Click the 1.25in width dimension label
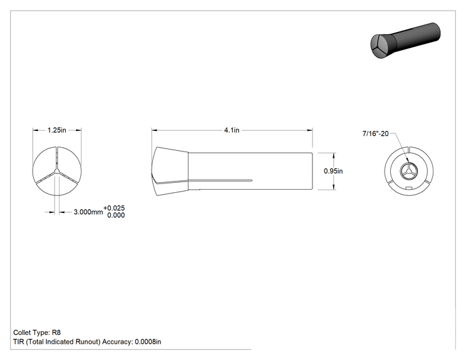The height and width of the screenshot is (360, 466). (57, 130)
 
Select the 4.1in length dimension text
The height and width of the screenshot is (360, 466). (232, 130)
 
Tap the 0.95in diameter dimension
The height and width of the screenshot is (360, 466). (333, 171)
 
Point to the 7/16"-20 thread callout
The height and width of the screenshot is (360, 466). (375, 133)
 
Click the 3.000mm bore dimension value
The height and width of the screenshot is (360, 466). (88, 212)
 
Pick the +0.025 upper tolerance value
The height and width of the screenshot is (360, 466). (114, 208)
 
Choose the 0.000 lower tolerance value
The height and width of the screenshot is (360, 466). (116, 215)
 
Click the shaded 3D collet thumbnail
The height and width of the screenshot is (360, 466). (405, 41)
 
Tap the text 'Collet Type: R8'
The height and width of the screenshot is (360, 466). (37, 332)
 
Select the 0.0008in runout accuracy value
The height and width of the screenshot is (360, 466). (148, 342)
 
